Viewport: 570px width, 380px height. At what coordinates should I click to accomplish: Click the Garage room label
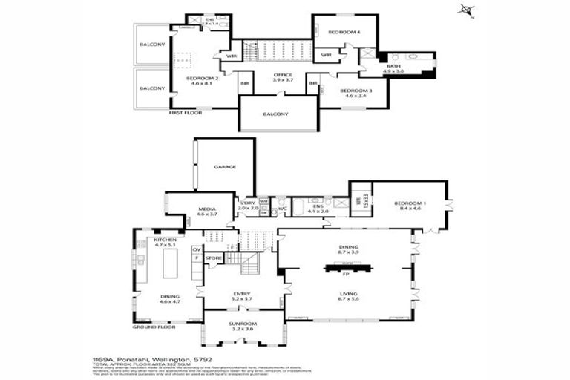click(x=225, y=167)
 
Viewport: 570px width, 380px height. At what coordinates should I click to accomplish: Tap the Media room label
click(x=206, y=210)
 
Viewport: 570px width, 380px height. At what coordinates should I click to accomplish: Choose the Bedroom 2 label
click(x=200, y=79)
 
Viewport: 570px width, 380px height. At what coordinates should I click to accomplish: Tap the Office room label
click(x=283, y=75)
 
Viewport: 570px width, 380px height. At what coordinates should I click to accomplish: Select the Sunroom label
click(x=243, y=324)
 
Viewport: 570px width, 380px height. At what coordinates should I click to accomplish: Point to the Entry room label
click(x=242, y=294)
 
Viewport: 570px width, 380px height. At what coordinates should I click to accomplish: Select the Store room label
click(x=214, y=258)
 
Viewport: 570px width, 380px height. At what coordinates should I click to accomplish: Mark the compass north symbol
click(x=465, y=10)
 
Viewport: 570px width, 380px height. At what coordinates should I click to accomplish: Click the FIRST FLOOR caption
click(x=186, y=112)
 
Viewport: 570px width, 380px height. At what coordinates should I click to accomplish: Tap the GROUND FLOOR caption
click(x=154, y=327)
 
